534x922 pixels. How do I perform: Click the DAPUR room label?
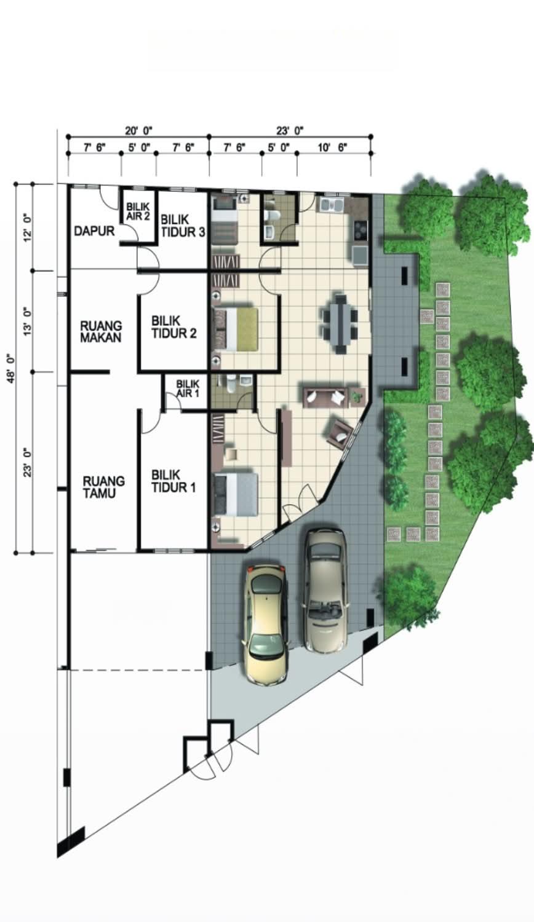(94, 231)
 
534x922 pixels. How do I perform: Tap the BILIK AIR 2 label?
(138, 211)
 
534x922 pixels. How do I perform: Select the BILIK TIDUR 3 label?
(183, 226)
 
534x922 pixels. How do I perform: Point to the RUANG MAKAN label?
(101, 332)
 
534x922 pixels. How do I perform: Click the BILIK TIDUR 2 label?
(173, 327)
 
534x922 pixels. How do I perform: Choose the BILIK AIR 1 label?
(188, 388)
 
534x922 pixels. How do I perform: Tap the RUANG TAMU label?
(104, 487)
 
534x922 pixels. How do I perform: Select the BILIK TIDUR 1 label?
(173, 481)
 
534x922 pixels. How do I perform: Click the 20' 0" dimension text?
(139, 131)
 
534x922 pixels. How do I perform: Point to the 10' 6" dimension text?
(332, 148)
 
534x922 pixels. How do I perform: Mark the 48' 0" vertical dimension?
(11, 368)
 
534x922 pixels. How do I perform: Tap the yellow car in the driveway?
(265, 624)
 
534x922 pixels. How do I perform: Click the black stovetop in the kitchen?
(360, 230)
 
